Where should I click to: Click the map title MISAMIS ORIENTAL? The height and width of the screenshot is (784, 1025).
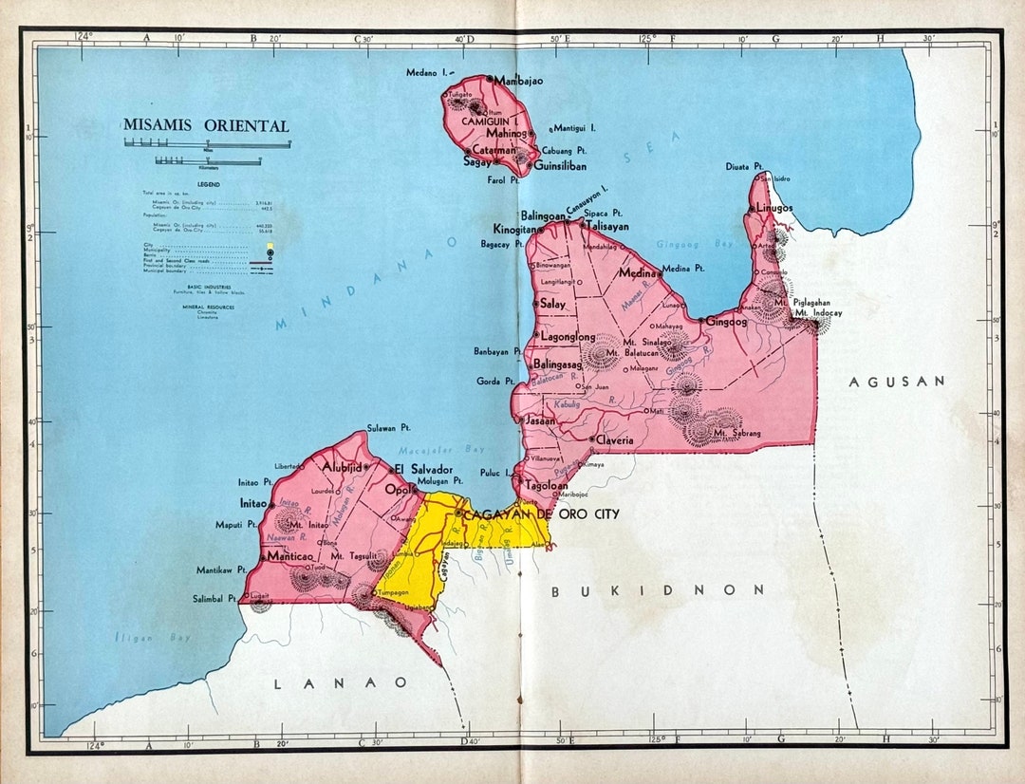pos(206,125)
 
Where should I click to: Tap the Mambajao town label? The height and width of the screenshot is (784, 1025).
pos(518,82)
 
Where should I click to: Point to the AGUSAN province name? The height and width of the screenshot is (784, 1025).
pos(897,381)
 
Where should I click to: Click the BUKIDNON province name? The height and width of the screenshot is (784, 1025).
pos(658,590)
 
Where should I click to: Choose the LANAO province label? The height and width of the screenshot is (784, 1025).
pos(341,682)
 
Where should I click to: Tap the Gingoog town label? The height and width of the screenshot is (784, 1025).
pos(726,322)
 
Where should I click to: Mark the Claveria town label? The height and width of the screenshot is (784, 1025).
pos(614,440)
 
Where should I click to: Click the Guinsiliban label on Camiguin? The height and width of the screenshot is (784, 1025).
pos(560,165)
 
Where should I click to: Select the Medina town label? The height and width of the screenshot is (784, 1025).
pos(637,272)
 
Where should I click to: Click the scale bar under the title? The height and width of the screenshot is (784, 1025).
pos(208,144)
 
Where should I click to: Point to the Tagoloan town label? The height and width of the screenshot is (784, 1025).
pos(547,485)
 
